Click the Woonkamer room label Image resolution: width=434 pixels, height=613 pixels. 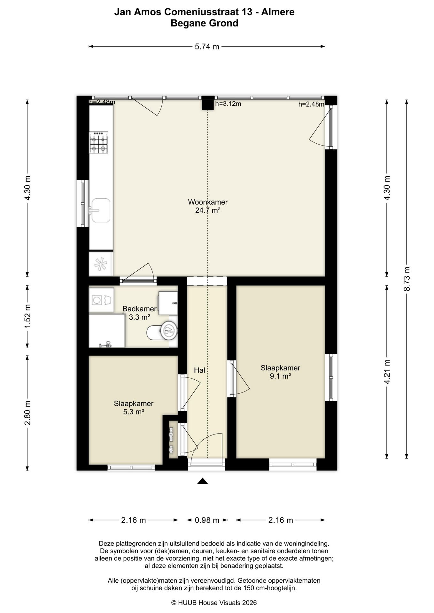click(x=208, y=202)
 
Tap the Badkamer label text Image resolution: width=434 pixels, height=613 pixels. click(x=140, y=309)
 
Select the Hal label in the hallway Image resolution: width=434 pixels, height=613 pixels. click(x=199, y=370)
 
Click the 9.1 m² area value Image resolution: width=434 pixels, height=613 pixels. click(x=280, y=376)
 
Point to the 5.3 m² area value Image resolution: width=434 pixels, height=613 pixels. click(x=134, y=412)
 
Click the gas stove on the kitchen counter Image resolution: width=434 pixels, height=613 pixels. click(x=99, y=142)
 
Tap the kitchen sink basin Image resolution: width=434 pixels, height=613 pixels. click(x=101, y=210)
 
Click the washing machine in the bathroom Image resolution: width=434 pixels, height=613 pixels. click(x=101, y=300)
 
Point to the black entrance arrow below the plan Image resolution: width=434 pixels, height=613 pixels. click(x=203, y=481)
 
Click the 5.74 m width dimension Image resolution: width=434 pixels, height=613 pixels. click(x=207, y=47)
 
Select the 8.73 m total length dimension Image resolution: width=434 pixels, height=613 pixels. click(x=407, y=279)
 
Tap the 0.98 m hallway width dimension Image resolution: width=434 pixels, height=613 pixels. click(x=207, y=520)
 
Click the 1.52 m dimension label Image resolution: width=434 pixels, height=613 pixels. click(x=27, y=316)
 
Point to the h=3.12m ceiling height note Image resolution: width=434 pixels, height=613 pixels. click(x=228, y=103)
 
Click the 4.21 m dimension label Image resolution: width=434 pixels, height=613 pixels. click(x=387, y=372)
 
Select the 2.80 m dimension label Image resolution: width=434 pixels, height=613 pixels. click(x=27, y=413)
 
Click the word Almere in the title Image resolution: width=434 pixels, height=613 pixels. click(x=278, y=12)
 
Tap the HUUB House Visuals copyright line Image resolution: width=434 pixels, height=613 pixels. click(x=214, y=602)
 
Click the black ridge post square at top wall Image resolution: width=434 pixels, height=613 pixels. click(x=207, y=103)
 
